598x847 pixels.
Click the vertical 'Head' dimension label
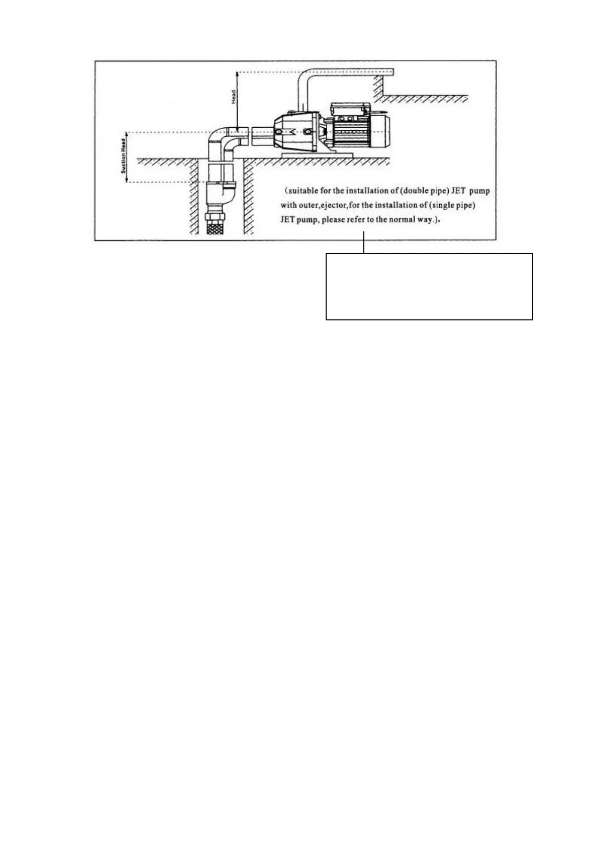234,97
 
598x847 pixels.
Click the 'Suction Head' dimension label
123,156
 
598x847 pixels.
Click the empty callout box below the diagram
429,286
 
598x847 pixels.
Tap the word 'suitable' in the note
301,191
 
